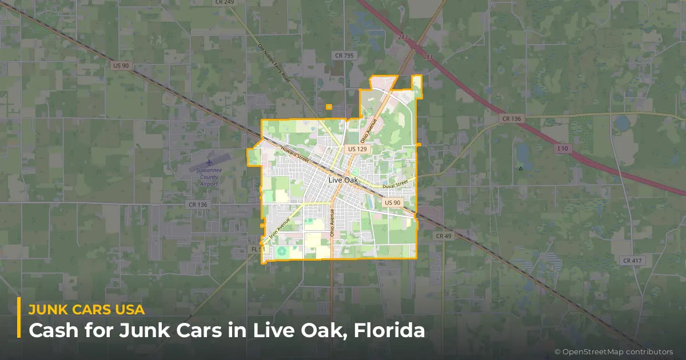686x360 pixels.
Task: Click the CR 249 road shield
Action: [x=226, y=2]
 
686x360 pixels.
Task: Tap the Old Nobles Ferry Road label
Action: [x=274, y=63]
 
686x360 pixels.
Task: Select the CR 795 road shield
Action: [x=344, y=55]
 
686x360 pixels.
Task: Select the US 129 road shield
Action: [x=357, y=149]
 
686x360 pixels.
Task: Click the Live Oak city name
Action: [x=343, y=180]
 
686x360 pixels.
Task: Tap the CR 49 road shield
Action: [x=444, y=235]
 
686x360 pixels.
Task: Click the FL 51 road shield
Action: [x=258, y=250]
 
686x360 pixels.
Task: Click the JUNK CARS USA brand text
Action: [x=86, y=309]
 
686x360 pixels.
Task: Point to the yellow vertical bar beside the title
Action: [x=19, y=318]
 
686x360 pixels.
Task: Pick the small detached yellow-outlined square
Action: [x=329, y=107]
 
